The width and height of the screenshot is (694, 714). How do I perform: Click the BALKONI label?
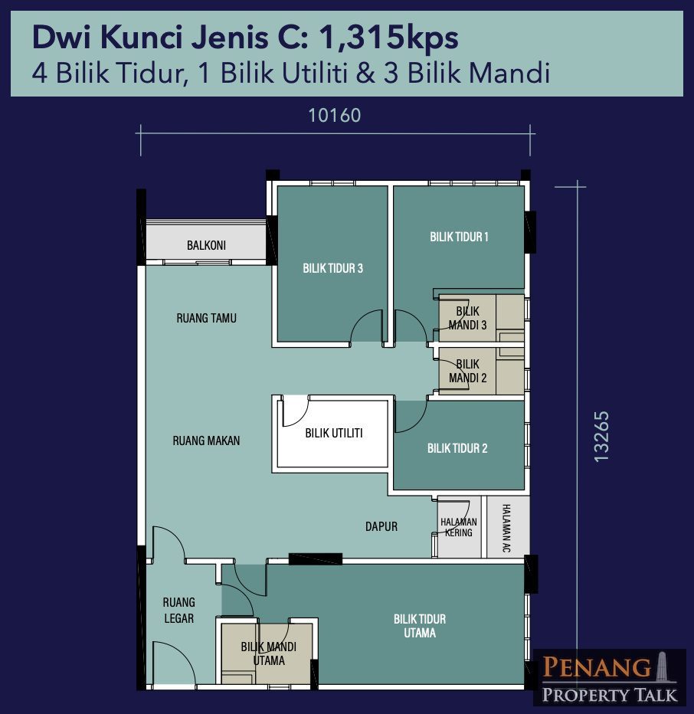click(x=206, y=245)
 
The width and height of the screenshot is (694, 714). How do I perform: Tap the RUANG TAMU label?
click(x=206, y=318)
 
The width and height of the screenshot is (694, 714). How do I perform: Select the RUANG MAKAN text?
click(x=206, y=441)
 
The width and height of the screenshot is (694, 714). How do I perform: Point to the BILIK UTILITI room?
click(x=333, y=434)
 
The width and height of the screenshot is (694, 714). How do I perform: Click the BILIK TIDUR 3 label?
click(x=333, y=268)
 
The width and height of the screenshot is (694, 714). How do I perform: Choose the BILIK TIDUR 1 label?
click(x=459, y=237)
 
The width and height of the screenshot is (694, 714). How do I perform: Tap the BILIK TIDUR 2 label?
click(x=457, y=448)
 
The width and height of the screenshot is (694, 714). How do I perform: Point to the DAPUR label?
click(x=381, y=527)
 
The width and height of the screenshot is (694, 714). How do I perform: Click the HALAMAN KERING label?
click(x=459, y=527)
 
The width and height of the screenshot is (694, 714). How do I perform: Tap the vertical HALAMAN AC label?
click(x=506, y=528)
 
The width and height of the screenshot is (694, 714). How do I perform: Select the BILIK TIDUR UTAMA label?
click(x=420, y=626)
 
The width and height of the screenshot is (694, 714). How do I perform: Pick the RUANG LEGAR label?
click(x=179, y=611)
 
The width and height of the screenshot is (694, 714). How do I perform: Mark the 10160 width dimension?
click(x=335, y=116)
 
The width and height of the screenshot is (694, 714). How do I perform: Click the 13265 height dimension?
click(x=601, y=437)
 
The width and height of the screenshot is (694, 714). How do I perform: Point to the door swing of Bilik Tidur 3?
click(x=367, y=326)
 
